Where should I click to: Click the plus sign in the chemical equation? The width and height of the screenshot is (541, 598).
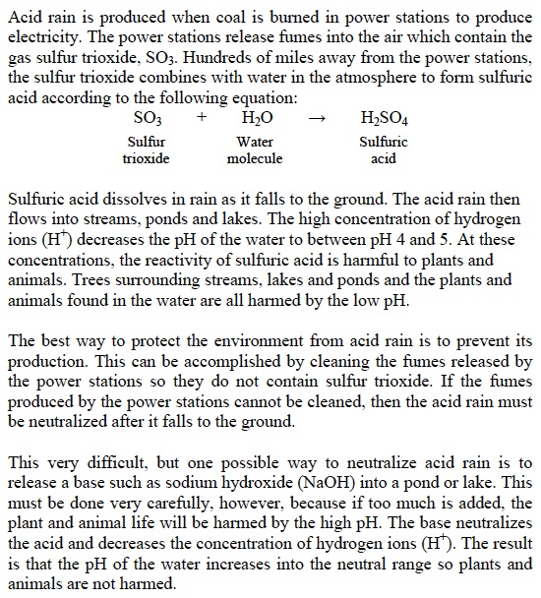pyautogui.click(x=201, y=117)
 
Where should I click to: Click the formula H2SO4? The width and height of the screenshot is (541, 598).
pyautogui.click(x=385, y=117)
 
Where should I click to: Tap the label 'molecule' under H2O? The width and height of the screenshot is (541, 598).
pyautogui.click(x=255, y=158)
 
